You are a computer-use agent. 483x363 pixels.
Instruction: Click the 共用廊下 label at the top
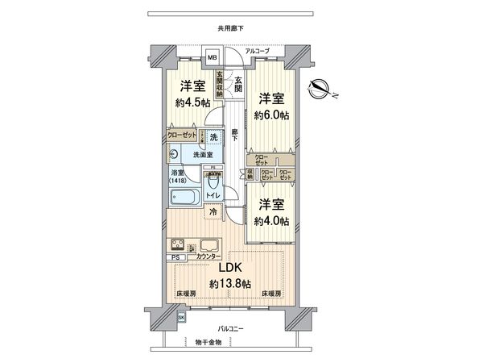[230, 29]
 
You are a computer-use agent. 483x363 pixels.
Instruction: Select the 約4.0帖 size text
[271, 220]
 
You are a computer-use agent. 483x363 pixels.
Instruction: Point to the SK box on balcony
[180, 318]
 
